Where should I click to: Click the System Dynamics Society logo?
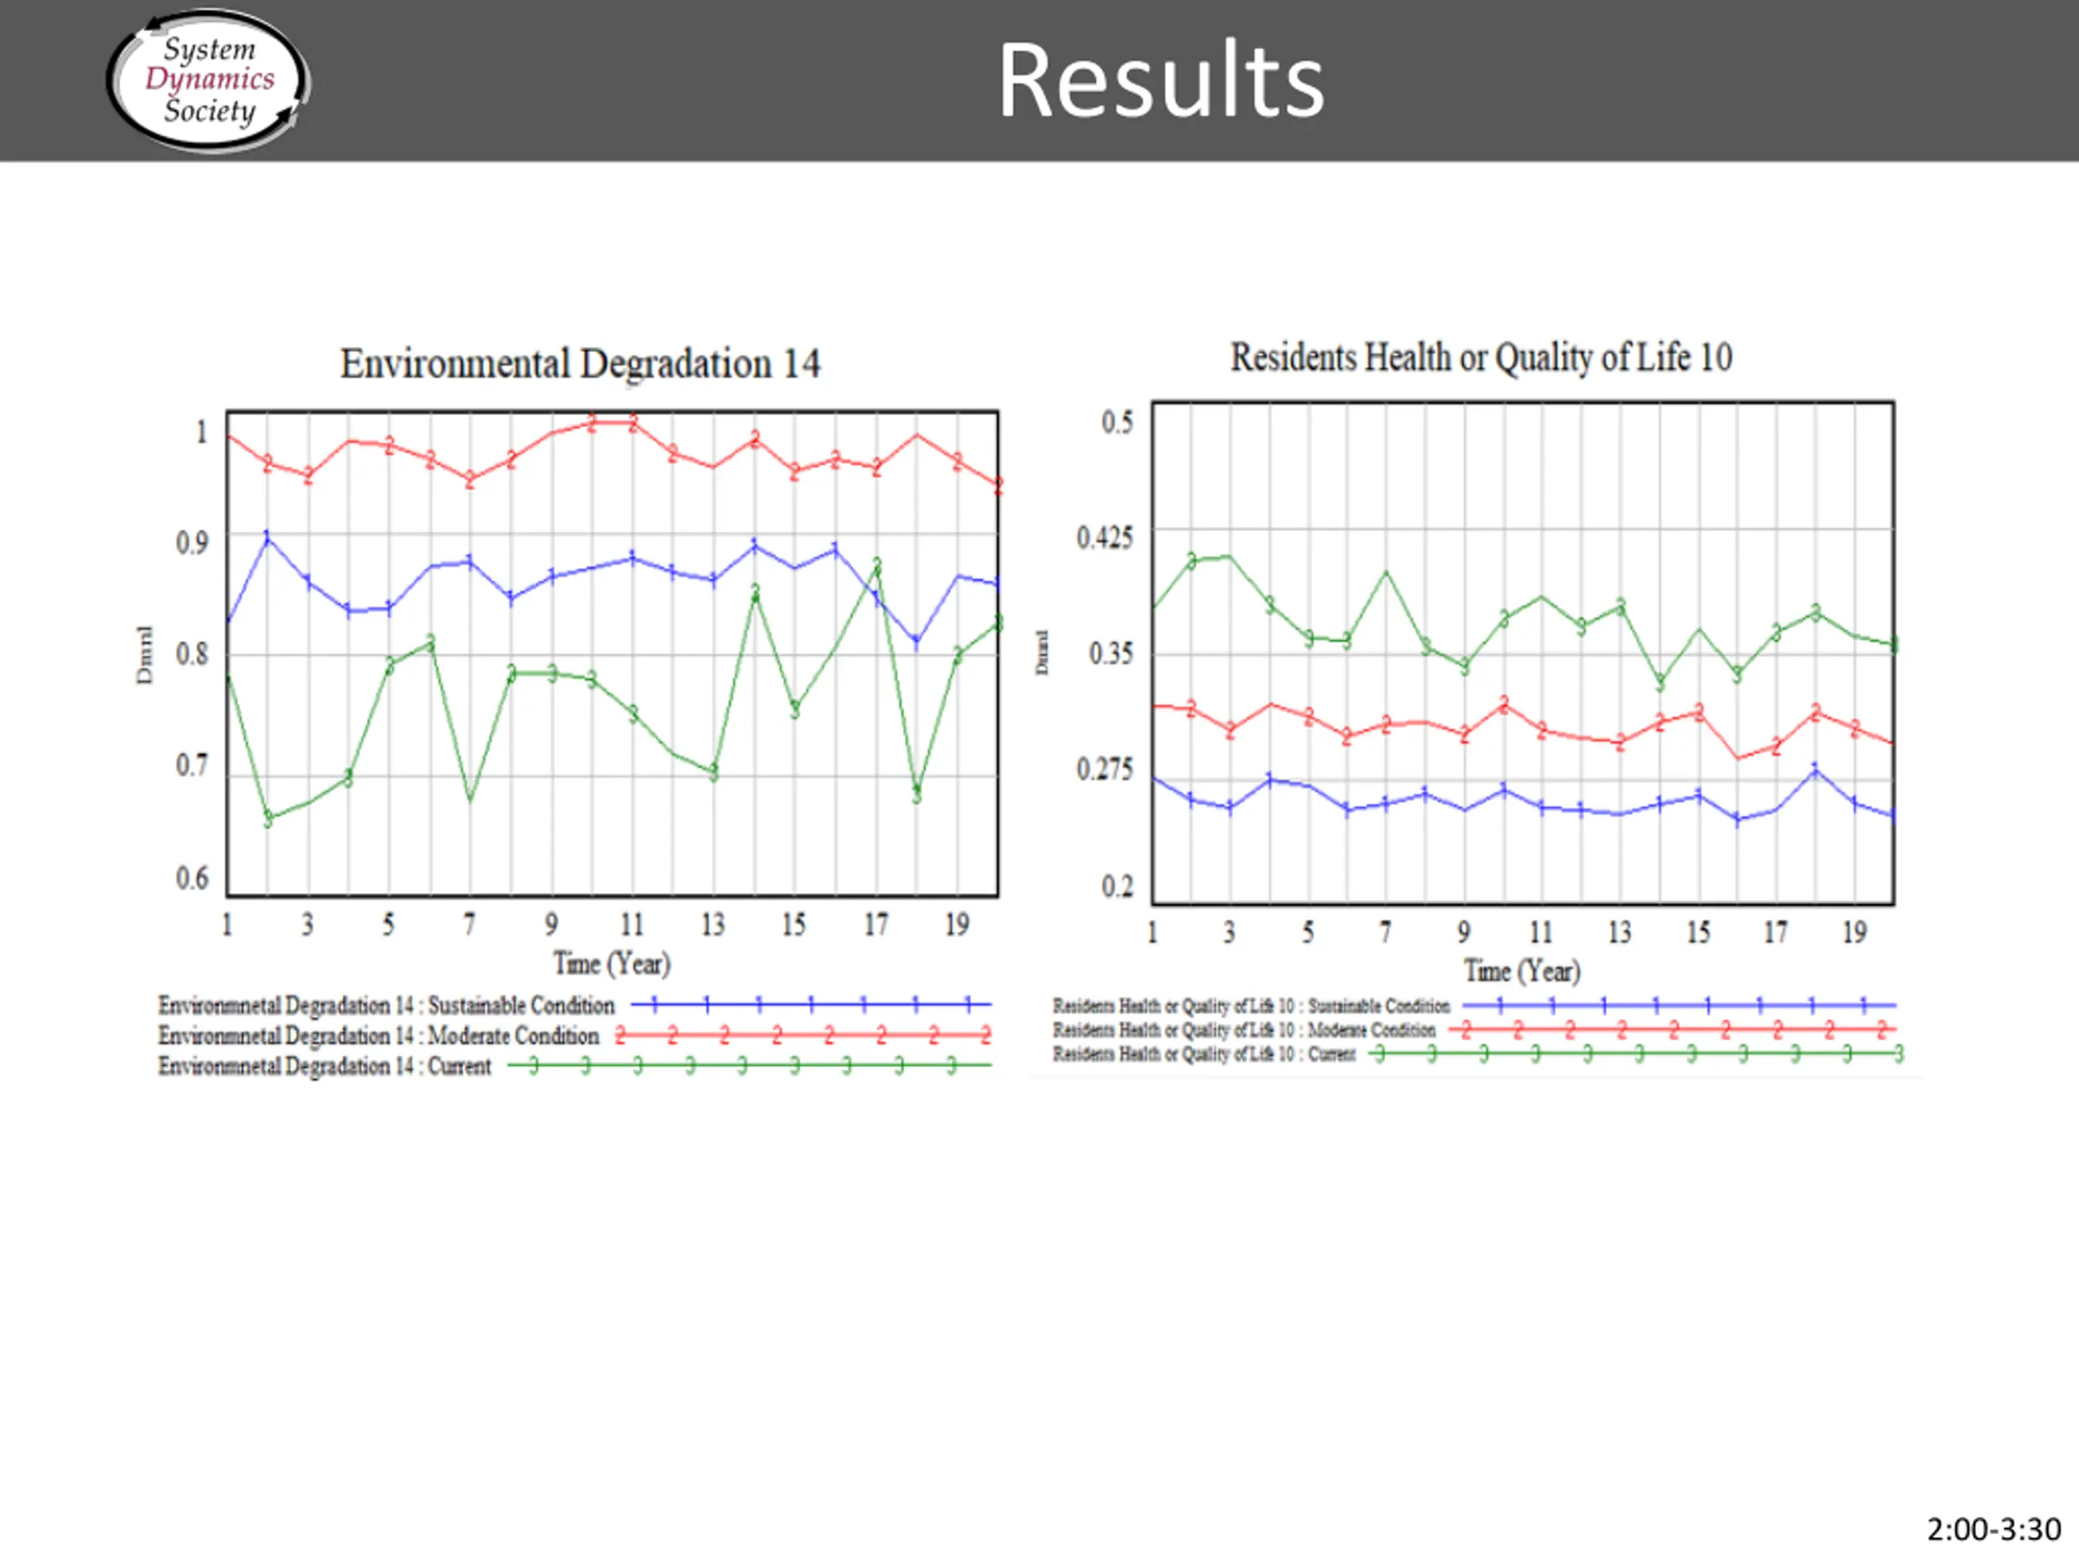point(209,80)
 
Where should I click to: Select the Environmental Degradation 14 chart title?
point(580,364)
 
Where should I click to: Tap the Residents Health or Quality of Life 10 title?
point(1481,357)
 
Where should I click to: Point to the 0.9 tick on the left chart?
point(192,543)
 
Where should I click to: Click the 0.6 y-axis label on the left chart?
point(192,878)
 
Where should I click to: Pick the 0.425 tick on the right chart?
point(1105,538)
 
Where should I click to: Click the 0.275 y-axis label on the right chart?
point(1105,770)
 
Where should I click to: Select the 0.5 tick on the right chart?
point(1117,422)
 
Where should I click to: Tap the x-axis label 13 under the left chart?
point(713,925)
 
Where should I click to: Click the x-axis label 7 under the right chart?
point(1385,932)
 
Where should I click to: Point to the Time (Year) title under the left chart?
point(612,964)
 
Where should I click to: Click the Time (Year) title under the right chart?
point(1523,970)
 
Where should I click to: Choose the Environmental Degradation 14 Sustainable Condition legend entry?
point(387,1005)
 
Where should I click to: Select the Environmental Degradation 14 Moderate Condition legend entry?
point(378,1035)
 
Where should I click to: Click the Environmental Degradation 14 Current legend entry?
point(324,1066)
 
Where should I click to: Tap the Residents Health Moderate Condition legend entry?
point(1243,1030)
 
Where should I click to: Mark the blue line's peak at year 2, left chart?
point(268,537)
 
